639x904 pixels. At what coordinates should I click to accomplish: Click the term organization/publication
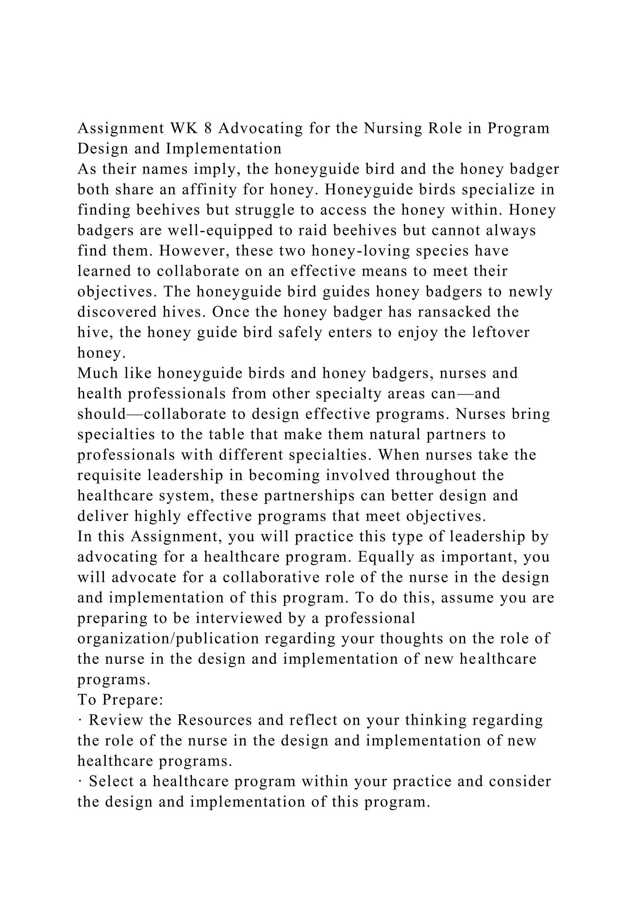tap(168, 639)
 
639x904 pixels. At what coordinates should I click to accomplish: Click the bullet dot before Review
tap(80, 720)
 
